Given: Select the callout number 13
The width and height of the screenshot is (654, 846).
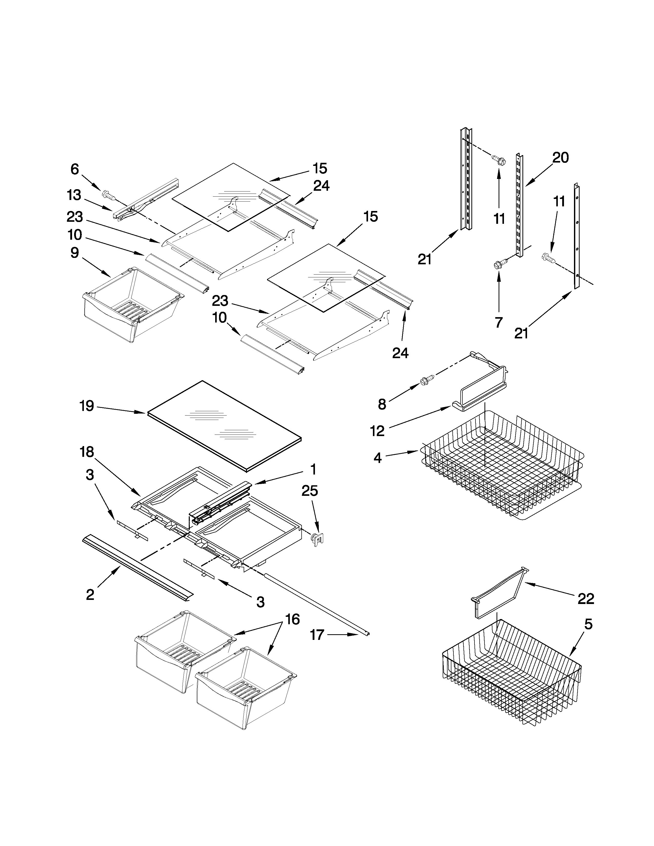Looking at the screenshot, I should pyautogui.click(x=74, y=195).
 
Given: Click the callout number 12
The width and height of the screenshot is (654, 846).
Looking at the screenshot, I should pyautogui.click(x=377, y=431).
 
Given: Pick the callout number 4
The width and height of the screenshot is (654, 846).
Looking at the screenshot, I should pyautogui.click(x=377, y=458).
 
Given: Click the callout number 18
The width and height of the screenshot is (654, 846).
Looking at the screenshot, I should pyautogui.click(x=87, y=452).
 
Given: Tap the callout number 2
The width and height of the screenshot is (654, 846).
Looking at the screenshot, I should pyautogui.click(x=90, y=595).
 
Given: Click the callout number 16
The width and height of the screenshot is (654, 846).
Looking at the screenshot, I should pyautogui.click(x=293, y=619).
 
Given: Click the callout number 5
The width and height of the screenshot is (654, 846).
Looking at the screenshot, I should pyautogui.click(x=588, y=625).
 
